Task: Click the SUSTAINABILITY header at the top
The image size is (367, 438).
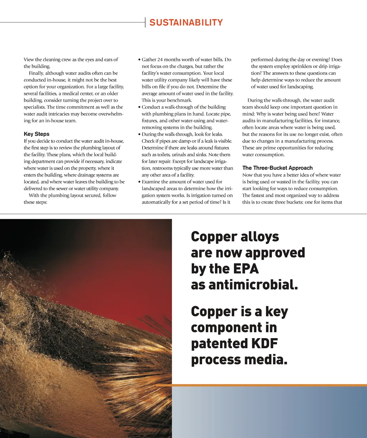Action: (186, 23)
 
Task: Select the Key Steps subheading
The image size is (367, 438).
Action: (37, 134)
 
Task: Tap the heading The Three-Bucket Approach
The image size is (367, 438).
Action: (277, 168)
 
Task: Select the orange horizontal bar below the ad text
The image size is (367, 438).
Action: (261, 385)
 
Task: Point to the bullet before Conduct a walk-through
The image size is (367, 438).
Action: (139, 107)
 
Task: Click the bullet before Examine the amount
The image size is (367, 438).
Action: (139, 182)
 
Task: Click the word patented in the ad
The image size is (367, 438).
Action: (217, 344)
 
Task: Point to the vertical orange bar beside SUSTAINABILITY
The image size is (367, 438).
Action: (146, 22)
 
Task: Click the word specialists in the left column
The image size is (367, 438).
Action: (35, 107)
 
